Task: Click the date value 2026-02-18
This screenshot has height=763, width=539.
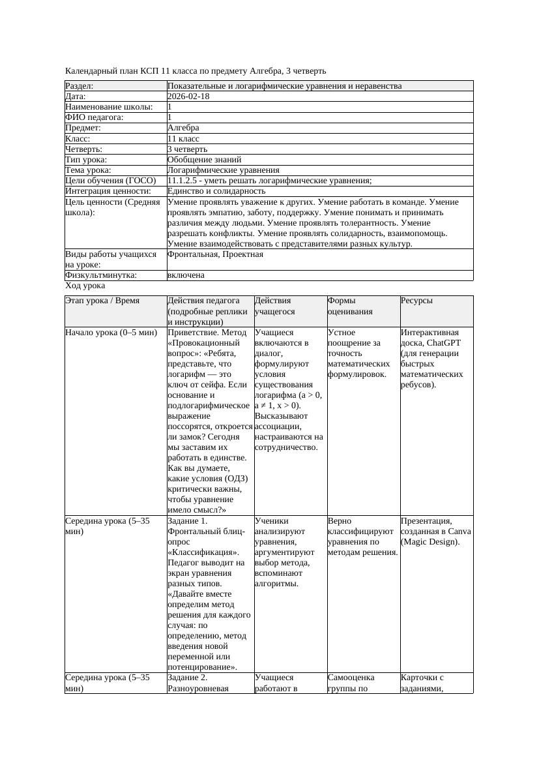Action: (x=188, y=97)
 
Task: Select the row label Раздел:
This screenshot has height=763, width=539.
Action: (x=80, y=86)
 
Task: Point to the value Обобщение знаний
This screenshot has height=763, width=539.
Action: (x=204, y=159)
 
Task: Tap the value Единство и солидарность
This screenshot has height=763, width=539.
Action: (x=216, y=191)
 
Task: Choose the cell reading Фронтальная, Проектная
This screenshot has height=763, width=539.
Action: (x=215, y=254)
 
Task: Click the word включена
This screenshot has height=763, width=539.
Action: (x=186, y=275)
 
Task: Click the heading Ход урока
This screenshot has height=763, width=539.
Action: (x=85, y=286)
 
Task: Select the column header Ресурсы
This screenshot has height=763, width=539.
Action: (x=416, y=301)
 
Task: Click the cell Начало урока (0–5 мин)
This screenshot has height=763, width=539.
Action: (x=111, y=333)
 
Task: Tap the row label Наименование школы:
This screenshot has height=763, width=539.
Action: (x=109, y=107)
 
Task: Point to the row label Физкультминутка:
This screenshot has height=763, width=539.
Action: (x=101, y=275)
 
